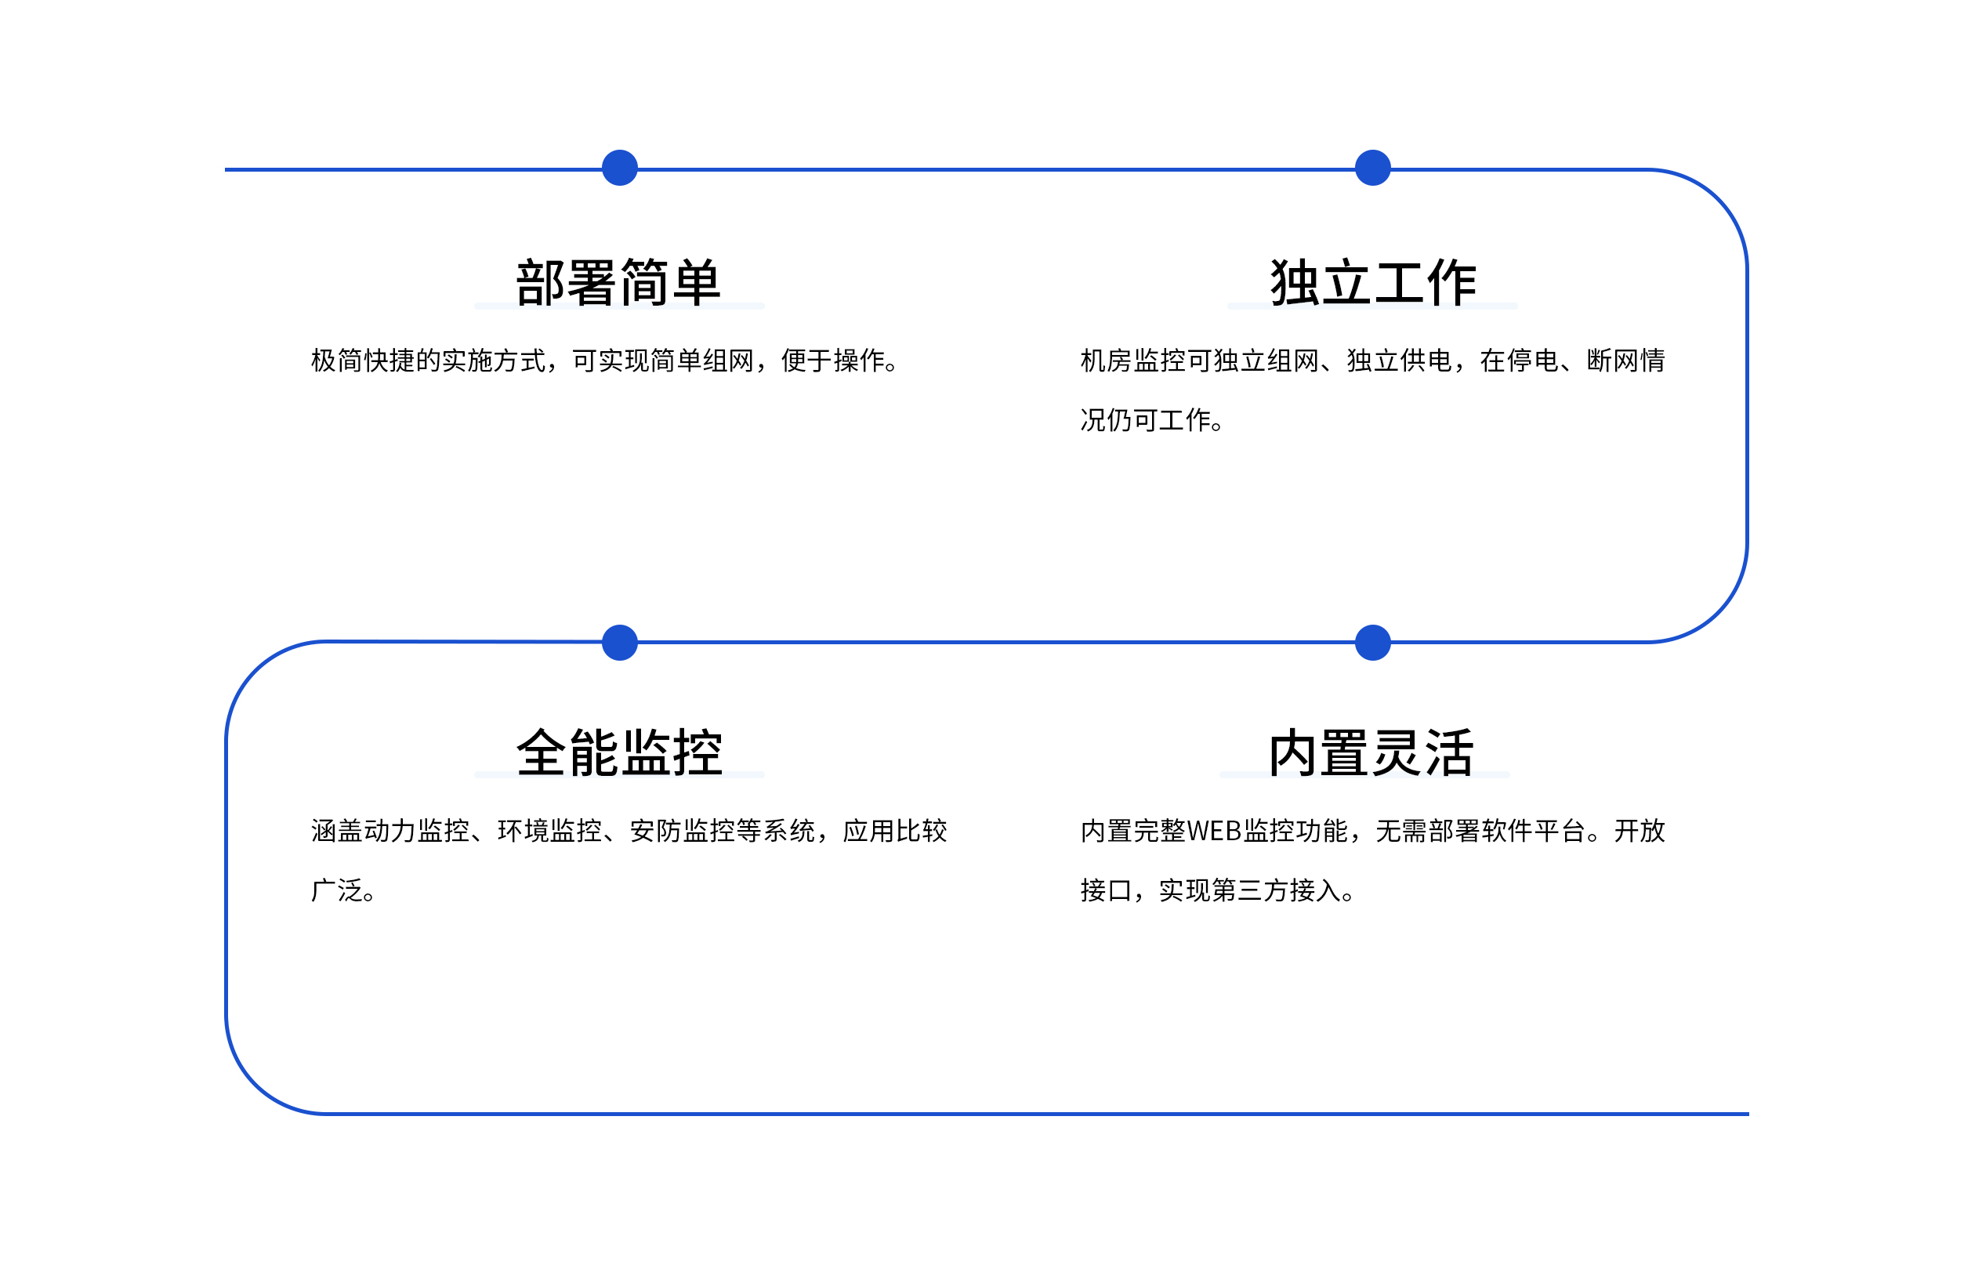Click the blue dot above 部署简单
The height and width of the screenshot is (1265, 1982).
(x=620, y=168)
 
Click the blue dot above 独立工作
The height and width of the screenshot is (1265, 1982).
(x=1373, y=168)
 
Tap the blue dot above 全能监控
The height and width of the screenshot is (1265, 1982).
(x=620, y=643)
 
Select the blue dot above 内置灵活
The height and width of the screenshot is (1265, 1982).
(x=1373, y=643)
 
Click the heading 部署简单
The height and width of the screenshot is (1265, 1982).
(x=619, y=282)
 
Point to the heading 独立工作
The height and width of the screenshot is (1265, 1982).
(x=1373, y=282)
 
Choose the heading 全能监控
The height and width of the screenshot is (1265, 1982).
(x=619, y=752)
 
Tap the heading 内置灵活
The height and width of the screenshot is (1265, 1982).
(x=1371, y=752)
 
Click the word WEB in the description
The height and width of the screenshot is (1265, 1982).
(x=1214, y=832)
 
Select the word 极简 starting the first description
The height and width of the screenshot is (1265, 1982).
(x=338, y=361)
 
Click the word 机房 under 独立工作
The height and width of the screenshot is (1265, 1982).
(x=1107, y=361)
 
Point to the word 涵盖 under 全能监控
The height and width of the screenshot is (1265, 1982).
(x=338, y=832)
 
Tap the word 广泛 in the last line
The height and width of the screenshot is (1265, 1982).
(x=338, y=890)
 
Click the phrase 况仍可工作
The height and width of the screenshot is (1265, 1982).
(x=1146, y=421)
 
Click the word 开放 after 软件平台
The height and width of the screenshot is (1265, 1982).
(x=1640, y=832)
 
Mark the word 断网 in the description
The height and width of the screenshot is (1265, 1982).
(x=1612, y=361)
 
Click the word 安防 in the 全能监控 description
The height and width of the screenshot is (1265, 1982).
(x=656, y=832)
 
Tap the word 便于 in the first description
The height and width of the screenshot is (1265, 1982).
(x=806, y=361)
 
